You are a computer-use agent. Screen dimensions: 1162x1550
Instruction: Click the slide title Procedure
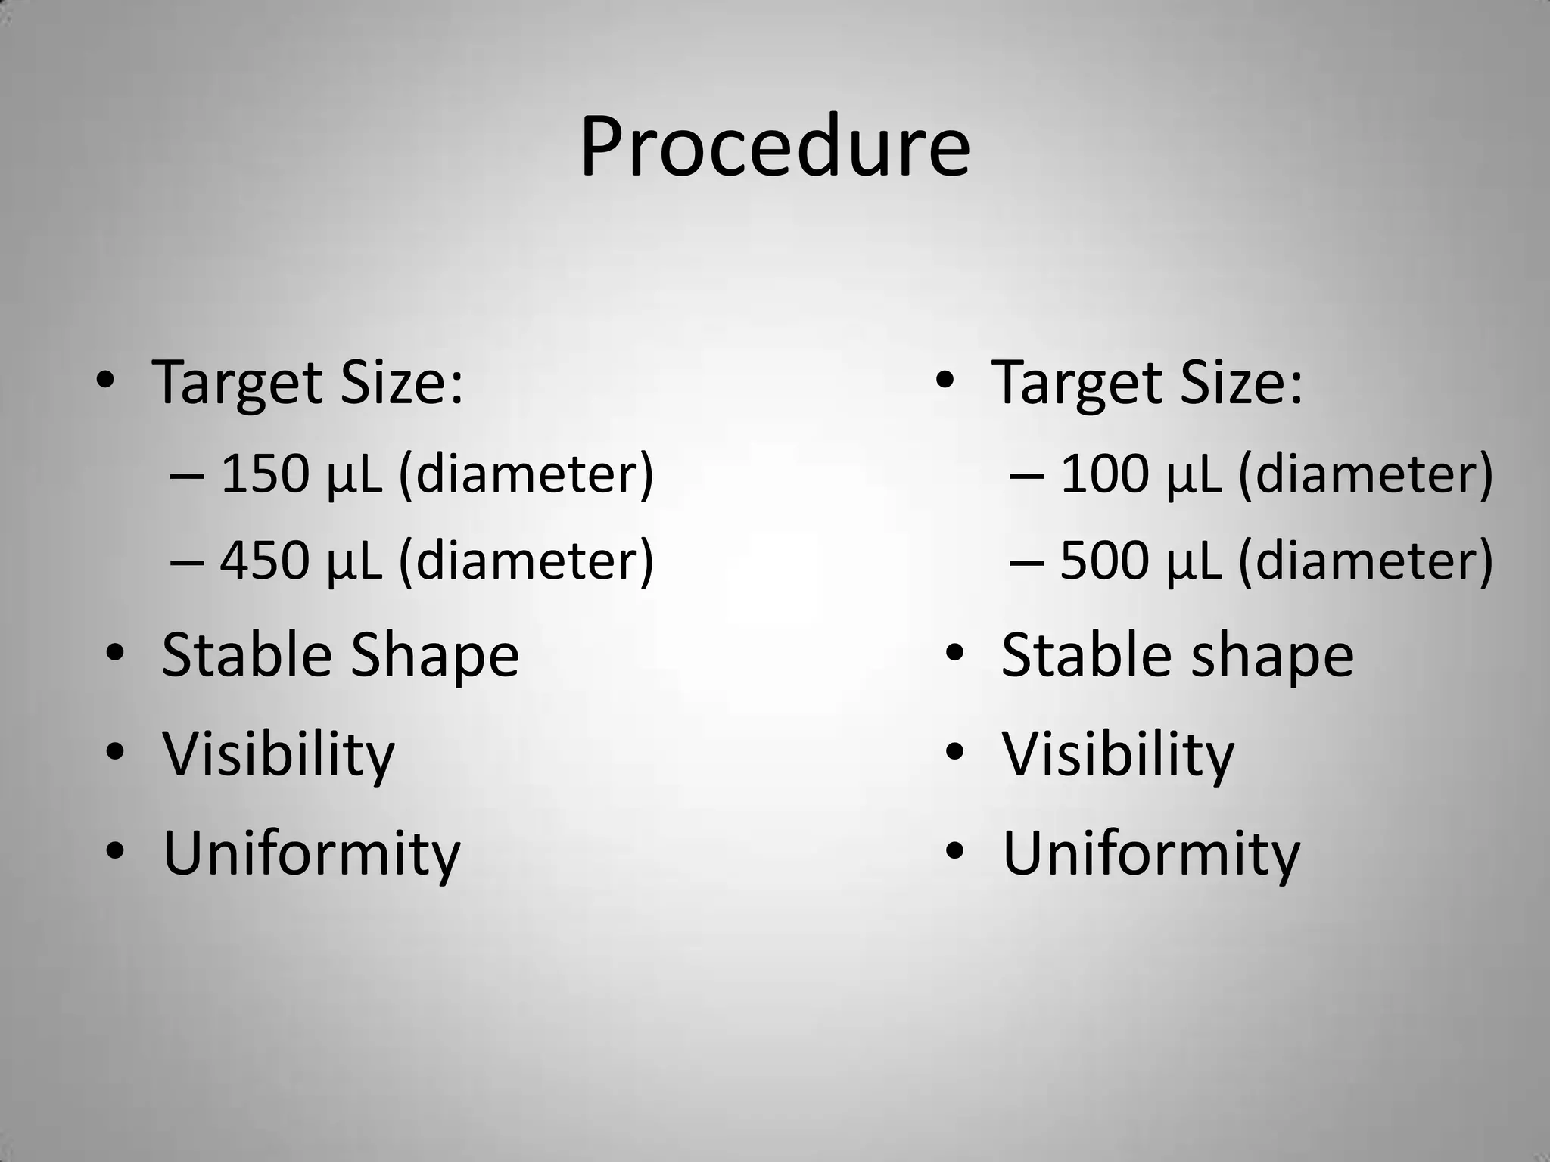click(774, 148)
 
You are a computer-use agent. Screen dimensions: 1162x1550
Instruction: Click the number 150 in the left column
click(265, 474)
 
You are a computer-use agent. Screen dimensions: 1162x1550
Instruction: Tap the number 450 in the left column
click(265, 561)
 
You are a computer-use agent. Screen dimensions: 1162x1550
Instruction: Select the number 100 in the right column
click(1104, 474)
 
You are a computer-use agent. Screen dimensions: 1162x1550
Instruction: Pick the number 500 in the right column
click(1104, 561)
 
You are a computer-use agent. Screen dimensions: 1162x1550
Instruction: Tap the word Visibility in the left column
click(279, 754)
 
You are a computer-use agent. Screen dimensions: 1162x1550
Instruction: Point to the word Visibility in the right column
click(1118, 754)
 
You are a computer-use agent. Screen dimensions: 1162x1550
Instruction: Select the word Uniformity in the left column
click(311, 853)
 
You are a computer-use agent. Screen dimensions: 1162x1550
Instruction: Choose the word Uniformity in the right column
click(1150, 853)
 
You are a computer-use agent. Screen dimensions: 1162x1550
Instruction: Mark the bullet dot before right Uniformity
click(954, 850)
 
